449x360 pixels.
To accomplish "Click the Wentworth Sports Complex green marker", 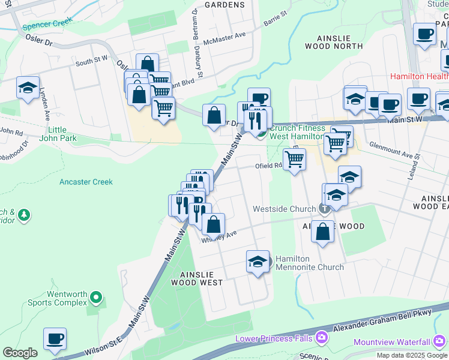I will [x=96, y=297].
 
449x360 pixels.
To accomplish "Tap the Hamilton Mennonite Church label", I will [x=310, y=262].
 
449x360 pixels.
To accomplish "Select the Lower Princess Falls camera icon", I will [x=322, y=338].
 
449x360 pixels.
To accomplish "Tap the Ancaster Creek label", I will [x=86, y=181].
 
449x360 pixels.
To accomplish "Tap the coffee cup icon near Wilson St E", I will [x=55, y=339].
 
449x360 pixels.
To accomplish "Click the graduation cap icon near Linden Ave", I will [x=28, y=88].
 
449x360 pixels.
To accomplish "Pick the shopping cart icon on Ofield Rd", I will [x=294, y=160].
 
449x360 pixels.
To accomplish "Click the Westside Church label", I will [x=284, y=209].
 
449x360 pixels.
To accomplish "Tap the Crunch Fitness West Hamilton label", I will [x=297, y=131].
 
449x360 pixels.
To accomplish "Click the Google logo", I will [x=20, y=353].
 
